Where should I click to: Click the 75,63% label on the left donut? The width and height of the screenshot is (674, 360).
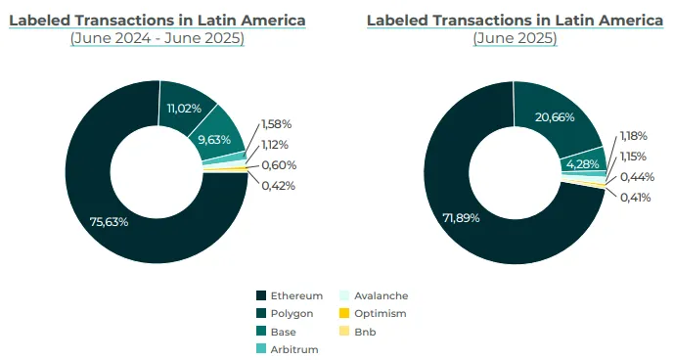110,221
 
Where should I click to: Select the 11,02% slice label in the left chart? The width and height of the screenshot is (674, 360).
183,108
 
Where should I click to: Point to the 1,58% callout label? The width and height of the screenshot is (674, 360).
277,124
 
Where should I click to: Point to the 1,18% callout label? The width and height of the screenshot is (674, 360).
634,136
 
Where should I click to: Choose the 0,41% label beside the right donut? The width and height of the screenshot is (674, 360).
635,198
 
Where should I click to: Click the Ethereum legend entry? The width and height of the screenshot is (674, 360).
292,295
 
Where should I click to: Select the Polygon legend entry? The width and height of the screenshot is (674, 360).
286,313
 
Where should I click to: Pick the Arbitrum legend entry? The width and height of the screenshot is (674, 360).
287,349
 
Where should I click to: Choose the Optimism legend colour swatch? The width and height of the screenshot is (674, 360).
343,313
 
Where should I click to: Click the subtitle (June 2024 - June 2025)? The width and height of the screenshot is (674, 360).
157,38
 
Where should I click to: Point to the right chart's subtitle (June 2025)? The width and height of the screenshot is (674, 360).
515,38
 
